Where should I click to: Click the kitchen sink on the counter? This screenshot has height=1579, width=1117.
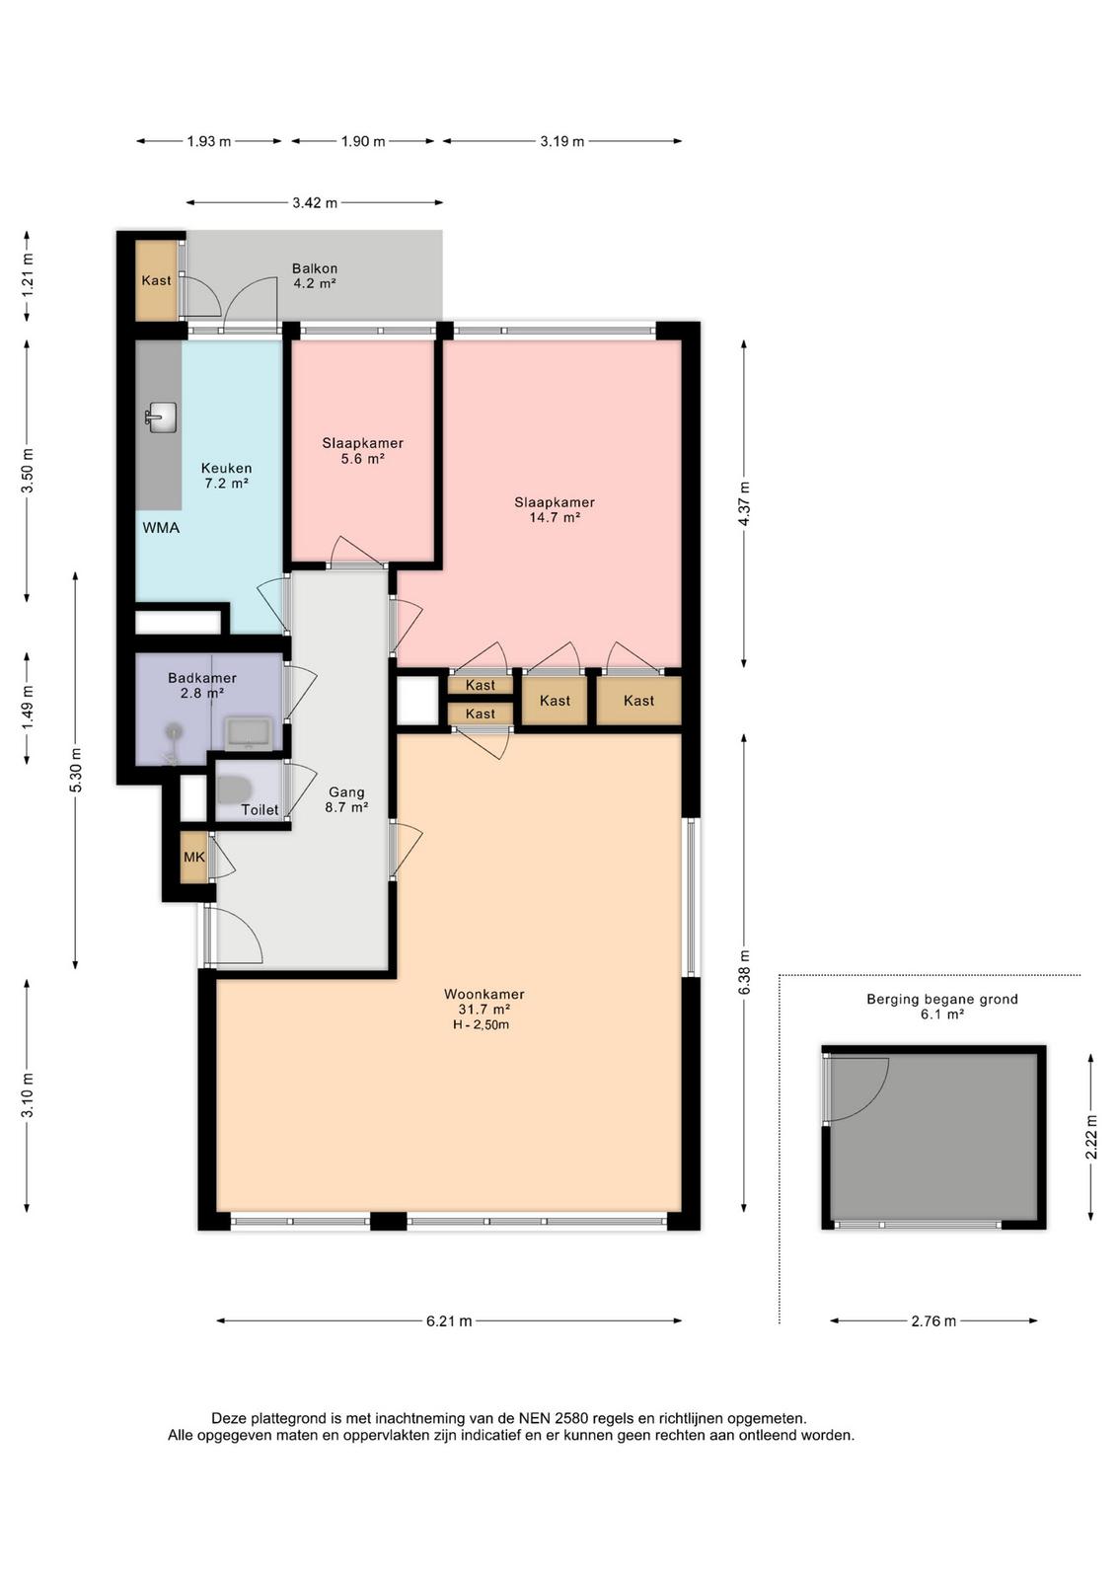coord(161,416)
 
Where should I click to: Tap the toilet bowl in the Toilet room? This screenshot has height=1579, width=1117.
coord(232,789)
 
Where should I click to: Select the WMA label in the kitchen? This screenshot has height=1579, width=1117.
coord(161,528)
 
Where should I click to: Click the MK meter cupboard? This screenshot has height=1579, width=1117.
coord(193,858)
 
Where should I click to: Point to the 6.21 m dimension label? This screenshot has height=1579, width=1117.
coord(449,1321)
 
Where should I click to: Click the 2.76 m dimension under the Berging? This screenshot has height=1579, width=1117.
coord(933,1321)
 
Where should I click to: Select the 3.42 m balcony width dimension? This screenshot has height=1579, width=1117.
coord(315,203)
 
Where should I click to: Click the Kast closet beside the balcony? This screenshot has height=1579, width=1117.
coord(156,280)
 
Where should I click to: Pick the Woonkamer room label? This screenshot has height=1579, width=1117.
coord(484,994)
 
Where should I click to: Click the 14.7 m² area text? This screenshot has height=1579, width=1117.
coord(555,517)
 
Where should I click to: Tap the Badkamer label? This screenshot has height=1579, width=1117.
coord(202,677)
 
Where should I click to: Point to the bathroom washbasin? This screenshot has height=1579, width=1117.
coord(248,733)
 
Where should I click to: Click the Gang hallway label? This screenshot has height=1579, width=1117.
coord(346,792)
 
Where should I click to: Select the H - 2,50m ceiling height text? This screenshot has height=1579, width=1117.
coord(482,1024)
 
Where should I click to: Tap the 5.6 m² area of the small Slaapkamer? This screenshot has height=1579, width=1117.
coord(363,459)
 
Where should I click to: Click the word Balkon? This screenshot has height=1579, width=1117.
coord(315,268)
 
